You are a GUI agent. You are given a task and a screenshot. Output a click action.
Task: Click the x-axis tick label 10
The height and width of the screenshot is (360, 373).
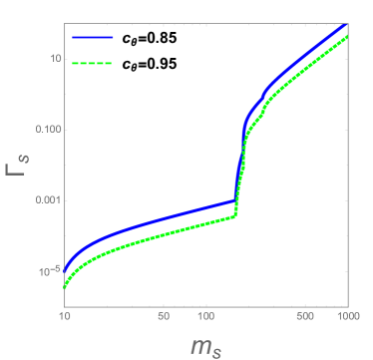(64, 316)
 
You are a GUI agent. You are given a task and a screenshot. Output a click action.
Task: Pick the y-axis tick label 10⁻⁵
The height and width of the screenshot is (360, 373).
(46, 269)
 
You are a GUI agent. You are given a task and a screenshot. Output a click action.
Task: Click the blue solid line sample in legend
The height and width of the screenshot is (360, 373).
(93, 38)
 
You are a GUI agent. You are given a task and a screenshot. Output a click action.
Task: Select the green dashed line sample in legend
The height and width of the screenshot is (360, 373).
(93, 63)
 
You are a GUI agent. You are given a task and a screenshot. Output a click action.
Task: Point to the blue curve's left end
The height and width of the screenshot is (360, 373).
(65, 270)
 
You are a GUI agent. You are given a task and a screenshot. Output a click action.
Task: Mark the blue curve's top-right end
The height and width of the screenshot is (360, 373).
(346, 24)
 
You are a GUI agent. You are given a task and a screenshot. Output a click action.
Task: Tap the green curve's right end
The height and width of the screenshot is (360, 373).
(347, 36)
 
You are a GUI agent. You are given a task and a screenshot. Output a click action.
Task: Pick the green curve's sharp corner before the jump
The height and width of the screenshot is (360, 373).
(234, 215)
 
